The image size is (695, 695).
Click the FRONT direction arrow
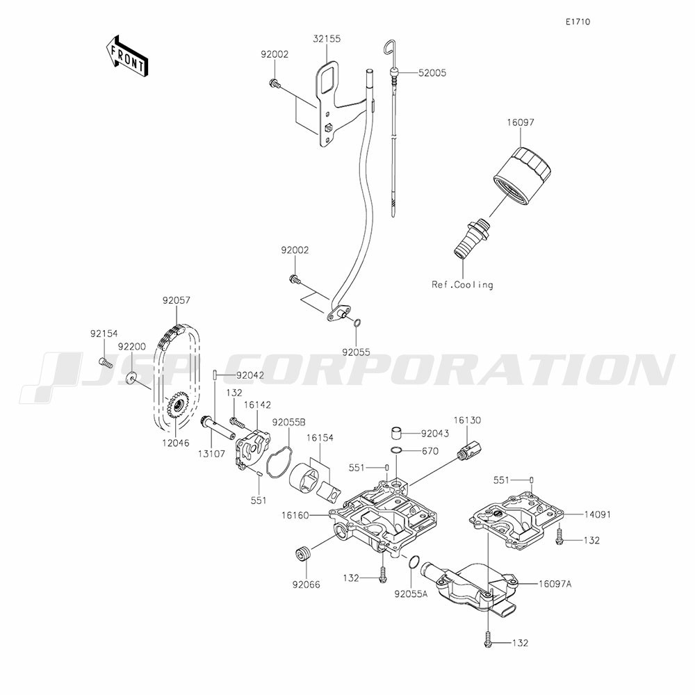click(126, 57)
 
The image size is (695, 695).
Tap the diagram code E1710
click(578, 22)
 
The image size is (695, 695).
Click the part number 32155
click(327, 40)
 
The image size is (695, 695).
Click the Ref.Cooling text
click(462, 284)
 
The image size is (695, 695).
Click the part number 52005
click(432, 72)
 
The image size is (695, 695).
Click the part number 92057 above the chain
click(177, 300)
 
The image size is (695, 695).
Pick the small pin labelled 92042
click(216, 375)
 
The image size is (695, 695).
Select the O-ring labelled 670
click(396, 451)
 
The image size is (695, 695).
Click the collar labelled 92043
click(395, 434)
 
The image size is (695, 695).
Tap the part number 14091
click(598, 514)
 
